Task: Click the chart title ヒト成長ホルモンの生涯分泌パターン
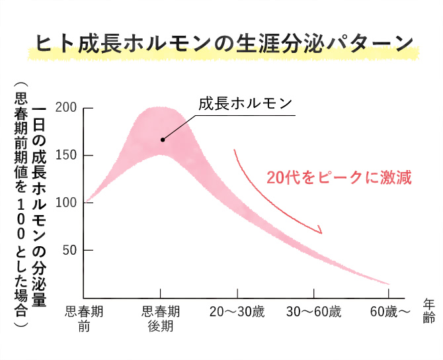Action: [223, 44]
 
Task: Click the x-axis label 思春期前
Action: [84, 317]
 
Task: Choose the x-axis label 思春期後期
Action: [160, 317]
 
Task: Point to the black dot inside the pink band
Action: [162, 140]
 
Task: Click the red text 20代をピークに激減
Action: [339, 177]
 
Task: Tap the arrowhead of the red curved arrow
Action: [319, 230]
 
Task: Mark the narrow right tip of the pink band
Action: [387, 283]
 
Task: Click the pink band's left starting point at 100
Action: [85, 202]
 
